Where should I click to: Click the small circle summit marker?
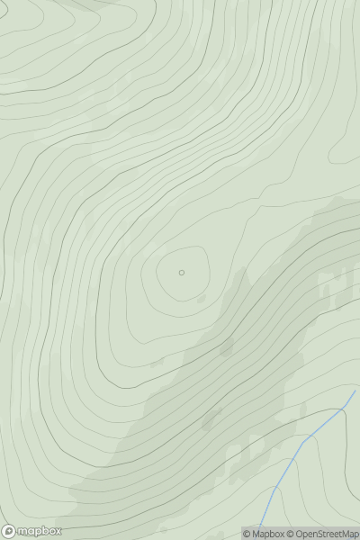tap(182, 272)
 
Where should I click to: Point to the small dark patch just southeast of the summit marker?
tap(202, 298)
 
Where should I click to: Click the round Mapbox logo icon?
tap(9, 531)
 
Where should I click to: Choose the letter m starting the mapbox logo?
tap(23, 531)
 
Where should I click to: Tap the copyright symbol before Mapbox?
tap(247, 534)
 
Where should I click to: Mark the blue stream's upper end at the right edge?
tap(355, 391)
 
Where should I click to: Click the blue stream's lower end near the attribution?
tap(260, 526)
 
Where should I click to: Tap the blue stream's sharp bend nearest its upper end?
tap(344, 409)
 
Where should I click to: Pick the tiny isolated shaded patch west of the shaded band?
tap(157, 363)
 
